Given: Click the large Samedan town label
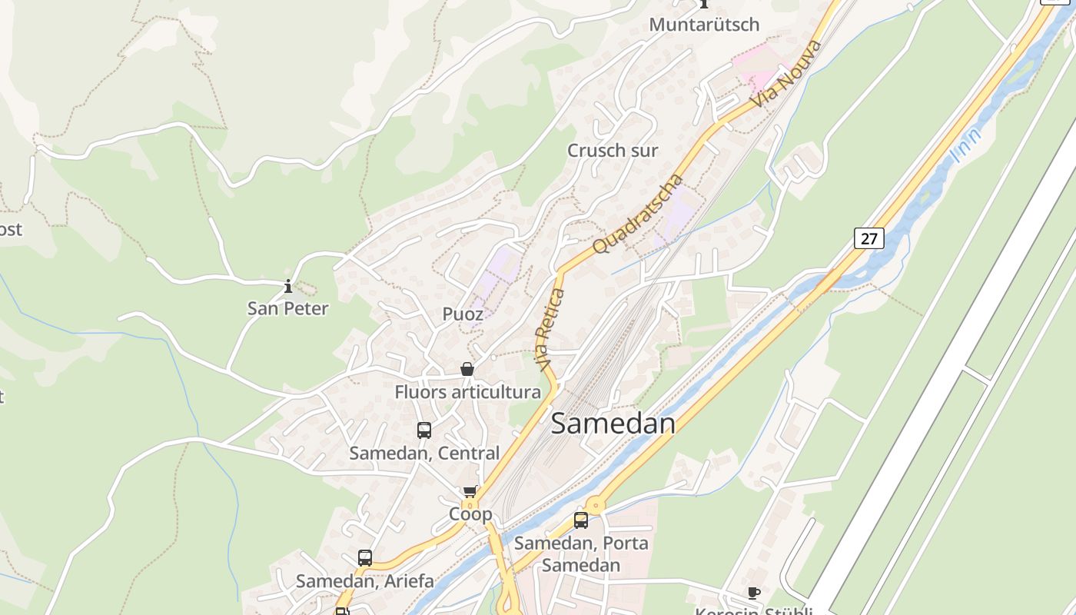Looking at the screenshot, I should pos(613,424).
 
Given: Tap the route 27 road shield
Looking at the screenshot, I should pos(868,238).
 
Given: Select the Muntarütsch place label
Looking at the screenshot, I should pos(704,25).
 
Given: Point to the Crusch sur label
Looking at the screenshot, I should pos(613,151).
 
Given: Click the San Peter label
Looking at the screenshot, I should pos(287,309).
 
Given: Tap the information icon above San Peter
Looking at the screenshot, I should pos(288,287).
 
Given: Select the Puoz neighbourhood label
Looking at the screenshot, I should pos(463,314).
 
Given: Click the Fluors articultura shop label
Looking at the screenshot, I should pos(467,392).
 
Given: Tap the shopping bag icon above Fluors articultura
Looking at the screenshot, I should pos(467,370).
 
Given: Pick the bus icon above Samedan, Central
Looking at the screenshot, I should pos(424,430).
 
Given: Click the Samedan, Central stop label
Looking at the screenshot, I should pos(424,454).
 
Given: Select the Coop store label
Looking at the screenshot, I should pos(470,514).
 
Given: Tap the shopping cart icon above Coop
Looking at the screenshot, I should pos(470,492).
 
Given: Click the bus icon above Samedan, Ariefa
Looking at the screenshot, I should pos(365,558).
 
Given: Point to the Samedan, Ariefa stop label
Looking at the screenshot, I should pos(365,581).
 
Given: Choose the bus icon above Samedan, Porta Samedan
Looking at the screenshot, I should pos(581,520).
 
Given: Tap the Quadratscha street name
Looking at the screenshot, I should pos(639,214).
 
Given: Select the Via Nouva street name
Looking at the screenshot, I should pos(787,75).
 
